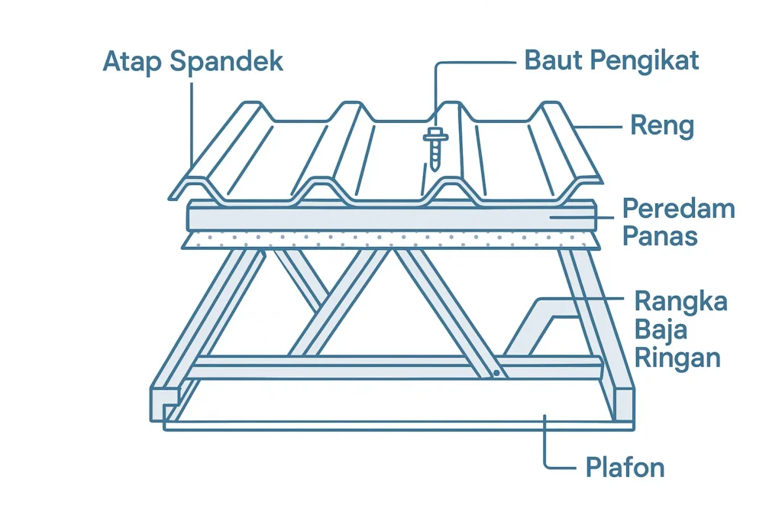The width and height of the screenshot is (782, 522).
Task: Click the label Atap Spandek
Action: [192, 61]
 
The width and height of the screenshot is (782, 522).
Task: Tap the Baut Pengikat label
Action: [612, 60]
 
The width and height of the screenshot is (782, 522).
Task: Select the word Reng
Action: [661, 125]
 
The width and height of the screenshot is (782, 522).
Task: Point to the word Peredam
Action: [678, 209]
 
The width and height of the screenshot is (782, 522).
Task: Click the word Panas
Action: [660, 235]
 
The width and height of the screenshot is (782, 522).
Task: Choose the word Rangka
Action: [681, 302]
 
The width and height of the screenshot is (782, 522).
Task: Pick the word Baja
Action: [661, 330]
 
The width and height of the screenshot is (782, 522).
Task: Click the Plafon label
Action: [625, 467]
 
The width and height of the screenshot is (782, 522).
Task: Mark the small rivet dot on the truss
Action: [496, 374]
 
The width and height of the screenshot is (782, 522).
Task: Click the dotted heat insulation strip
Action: [389, 240]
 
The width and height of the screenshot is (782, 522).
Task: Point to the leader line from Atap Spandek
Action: [192, 122]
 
